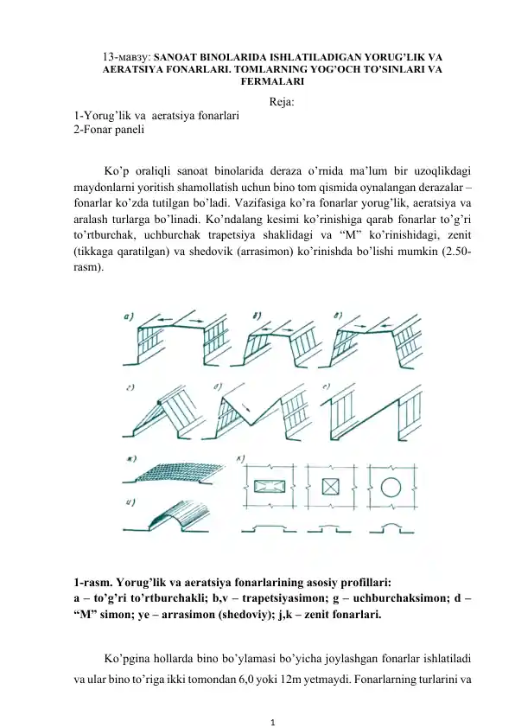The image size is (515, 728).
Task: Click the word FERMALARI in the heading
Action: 257,82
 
